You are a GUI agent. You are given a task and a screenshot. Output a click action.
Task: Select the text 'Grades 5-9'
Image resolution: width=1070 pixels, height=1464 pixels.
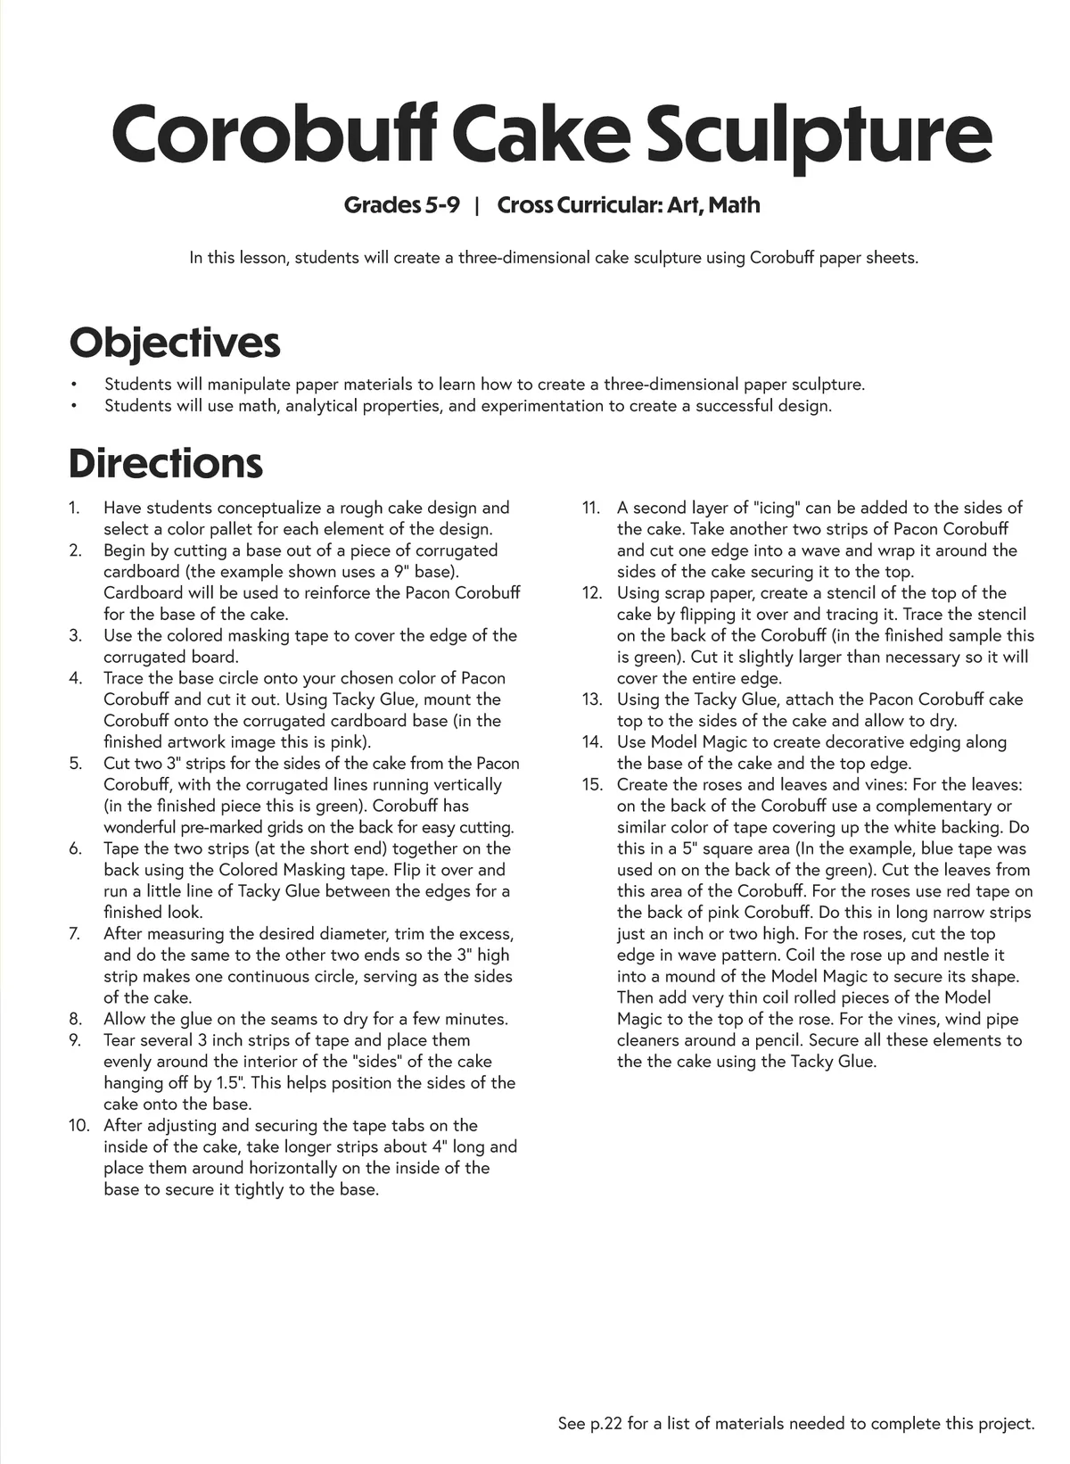pyautogui.click(x=402, y=205)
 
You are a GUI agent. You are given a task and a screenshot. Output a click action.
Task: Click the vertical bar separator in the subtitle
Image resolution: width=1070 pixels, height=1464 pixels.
pyautogui.click(x=478, y=205)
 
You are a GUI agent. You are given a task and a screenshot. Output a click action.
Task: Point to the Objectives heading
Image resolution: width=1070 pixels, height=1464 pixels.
pyautogui.click(x=175, y=343)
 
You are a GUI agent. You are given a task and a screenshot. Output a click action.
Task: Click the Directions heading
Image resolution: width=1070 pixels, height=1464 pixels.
pyautogui.click(x=166, y=463)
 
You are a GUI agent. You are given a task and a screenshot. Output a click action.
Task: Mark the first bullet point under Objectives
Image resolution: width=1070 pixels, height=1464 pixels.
pyautogui.click(x=74, y=385)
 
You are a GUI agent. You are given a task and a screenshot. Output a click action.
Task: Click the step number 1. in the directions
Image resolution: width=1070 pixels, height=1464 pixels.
pyautogui.click(x=75, y=508)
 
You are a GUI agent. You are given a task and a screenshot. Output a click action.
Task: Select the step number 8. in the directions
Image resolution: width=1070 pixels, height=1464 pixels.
pyautogui.click(x=75, y=1019)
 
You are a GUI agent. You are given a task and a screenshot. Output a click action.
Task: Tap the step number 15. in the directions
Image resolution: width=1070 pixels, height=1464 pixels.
pyautogui.click(x=592, y=785)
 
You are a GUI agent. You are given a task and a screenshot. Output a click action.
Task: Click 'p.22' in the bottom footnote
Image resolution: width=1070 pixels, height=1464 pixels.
pyautogui.click(x=606, y=1424)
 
